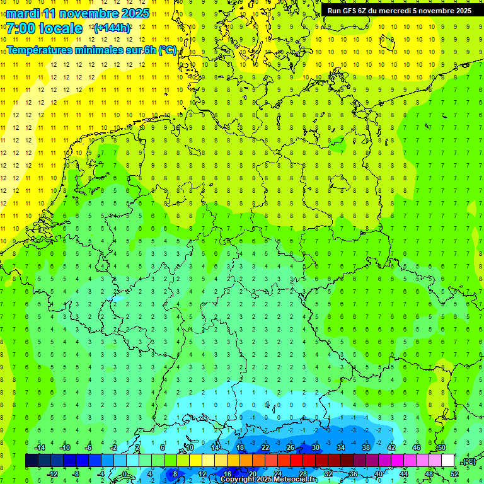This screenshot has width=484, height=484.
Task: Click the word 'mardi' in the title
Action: (22, 13)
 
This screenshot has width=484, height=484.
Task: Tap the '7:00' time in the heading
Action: (20, 28)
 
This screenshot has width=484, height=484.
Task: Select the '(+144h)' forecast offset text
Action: (112, 28)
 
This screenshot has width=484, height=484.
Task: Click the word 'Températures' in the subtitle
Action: (39, 50)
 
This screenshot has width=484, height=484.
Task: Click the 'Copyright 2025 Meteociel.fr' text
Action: (269, 480)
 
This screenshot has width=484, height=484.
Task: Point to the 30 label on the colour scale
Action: (316, 447)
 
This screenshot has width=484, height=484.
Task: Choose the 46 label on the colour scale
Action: (417, 447)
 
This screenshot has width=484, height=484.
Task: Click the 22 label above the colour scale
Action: (265, 447)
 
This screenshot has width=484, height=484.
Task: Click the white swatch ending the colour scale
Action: (448, 460)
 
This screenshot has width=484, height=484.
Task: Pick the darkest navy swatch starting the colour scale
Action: (32, 460)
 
